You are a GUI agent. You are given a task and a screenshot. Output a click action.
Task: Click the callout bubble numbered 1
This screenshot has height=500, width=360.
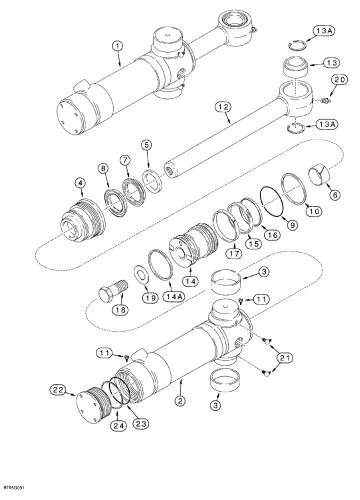(116, 47)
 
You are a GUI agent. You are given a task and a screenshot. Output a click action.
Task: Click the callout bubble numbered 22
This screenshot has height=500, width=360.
(57, 389)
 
